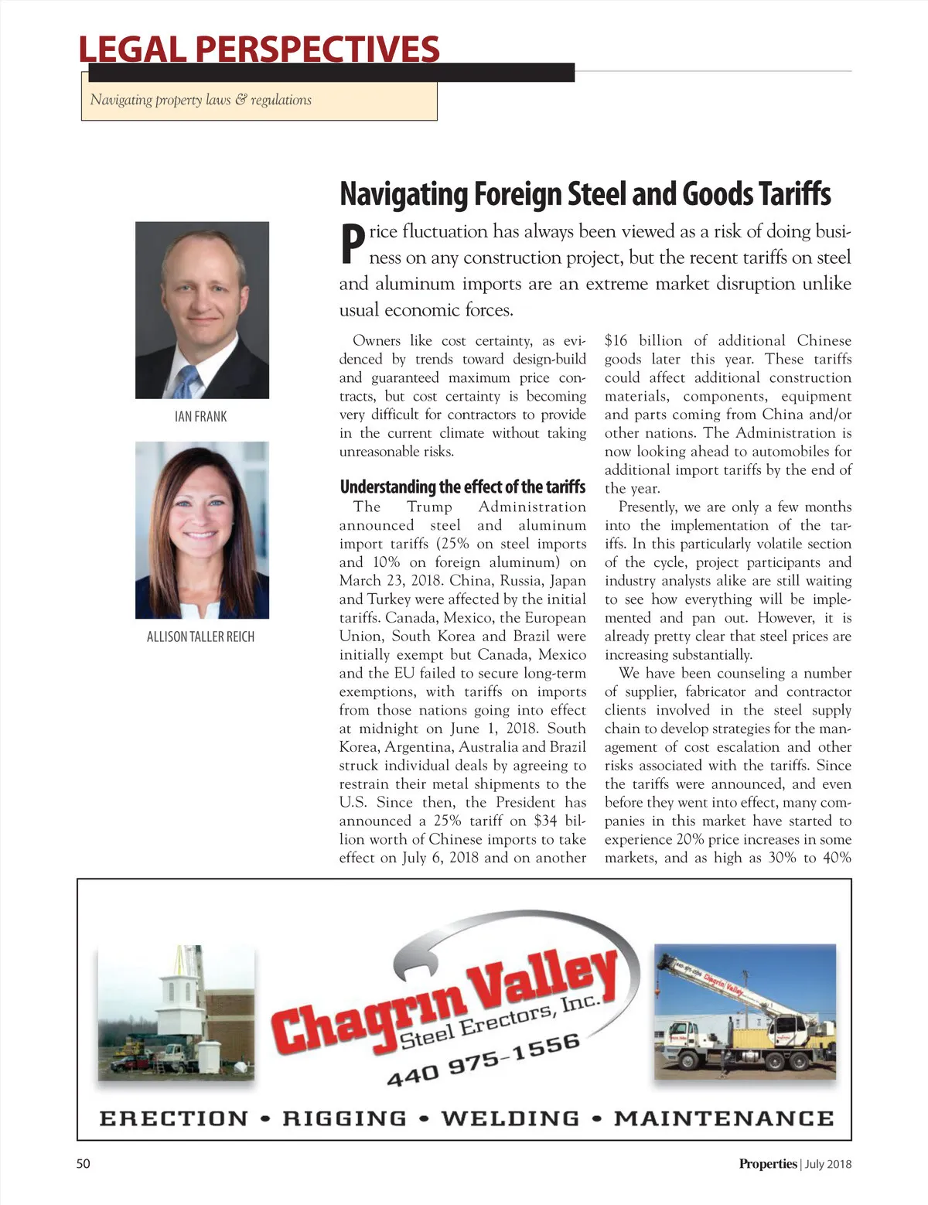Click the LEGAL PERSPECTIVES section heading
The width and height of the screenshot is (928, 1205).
point(259,49)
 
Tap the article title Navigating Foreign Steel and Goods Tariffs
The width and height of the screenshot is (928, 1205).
point(585,193)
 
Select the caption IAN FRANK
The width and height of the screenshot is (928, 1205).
point(201,417)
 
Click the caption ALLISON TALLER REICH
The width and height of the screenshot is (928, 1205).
point(200,637)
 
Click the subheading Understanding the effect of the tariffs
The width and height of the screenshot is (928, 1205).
point(462,486)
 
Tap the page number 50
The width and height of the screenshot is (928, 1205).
point(83,1163)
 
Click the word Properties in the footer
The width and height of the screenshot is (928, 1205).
point(767,1164)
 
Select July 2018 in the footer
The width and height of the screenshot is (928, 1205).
point(828,1164)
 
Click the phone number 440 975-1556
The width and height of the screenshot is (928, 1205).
point(483,1059)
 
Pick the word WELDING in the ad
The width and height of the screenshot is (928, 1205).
point(510,1118)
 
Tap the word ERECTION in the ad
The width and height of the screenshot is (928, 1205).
point(174,1118)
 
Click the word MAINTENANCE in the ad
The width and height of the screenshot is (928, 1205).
point(724,1118)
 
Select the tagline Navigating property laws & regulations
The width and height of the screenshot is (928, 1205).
point(201,100)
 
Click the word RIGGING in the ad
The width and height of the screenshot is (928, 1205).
point(344,1118)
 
